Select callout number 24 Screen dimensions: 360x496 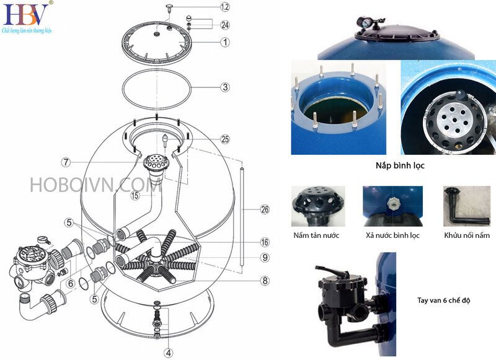225,25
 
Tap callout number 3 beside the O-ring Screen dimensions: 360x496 225,87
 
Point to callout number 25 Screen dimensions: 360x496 225,138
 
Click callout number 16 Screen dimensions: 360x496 265,242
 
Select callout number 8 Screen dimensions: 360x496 265,281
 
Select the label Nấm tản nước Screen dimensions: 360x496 317,235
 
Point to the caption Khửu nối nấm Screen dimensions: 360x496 467,235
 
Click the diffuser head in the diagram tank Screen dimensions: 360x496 152,164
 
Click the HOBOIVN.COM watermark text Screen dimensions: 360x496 87,184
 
